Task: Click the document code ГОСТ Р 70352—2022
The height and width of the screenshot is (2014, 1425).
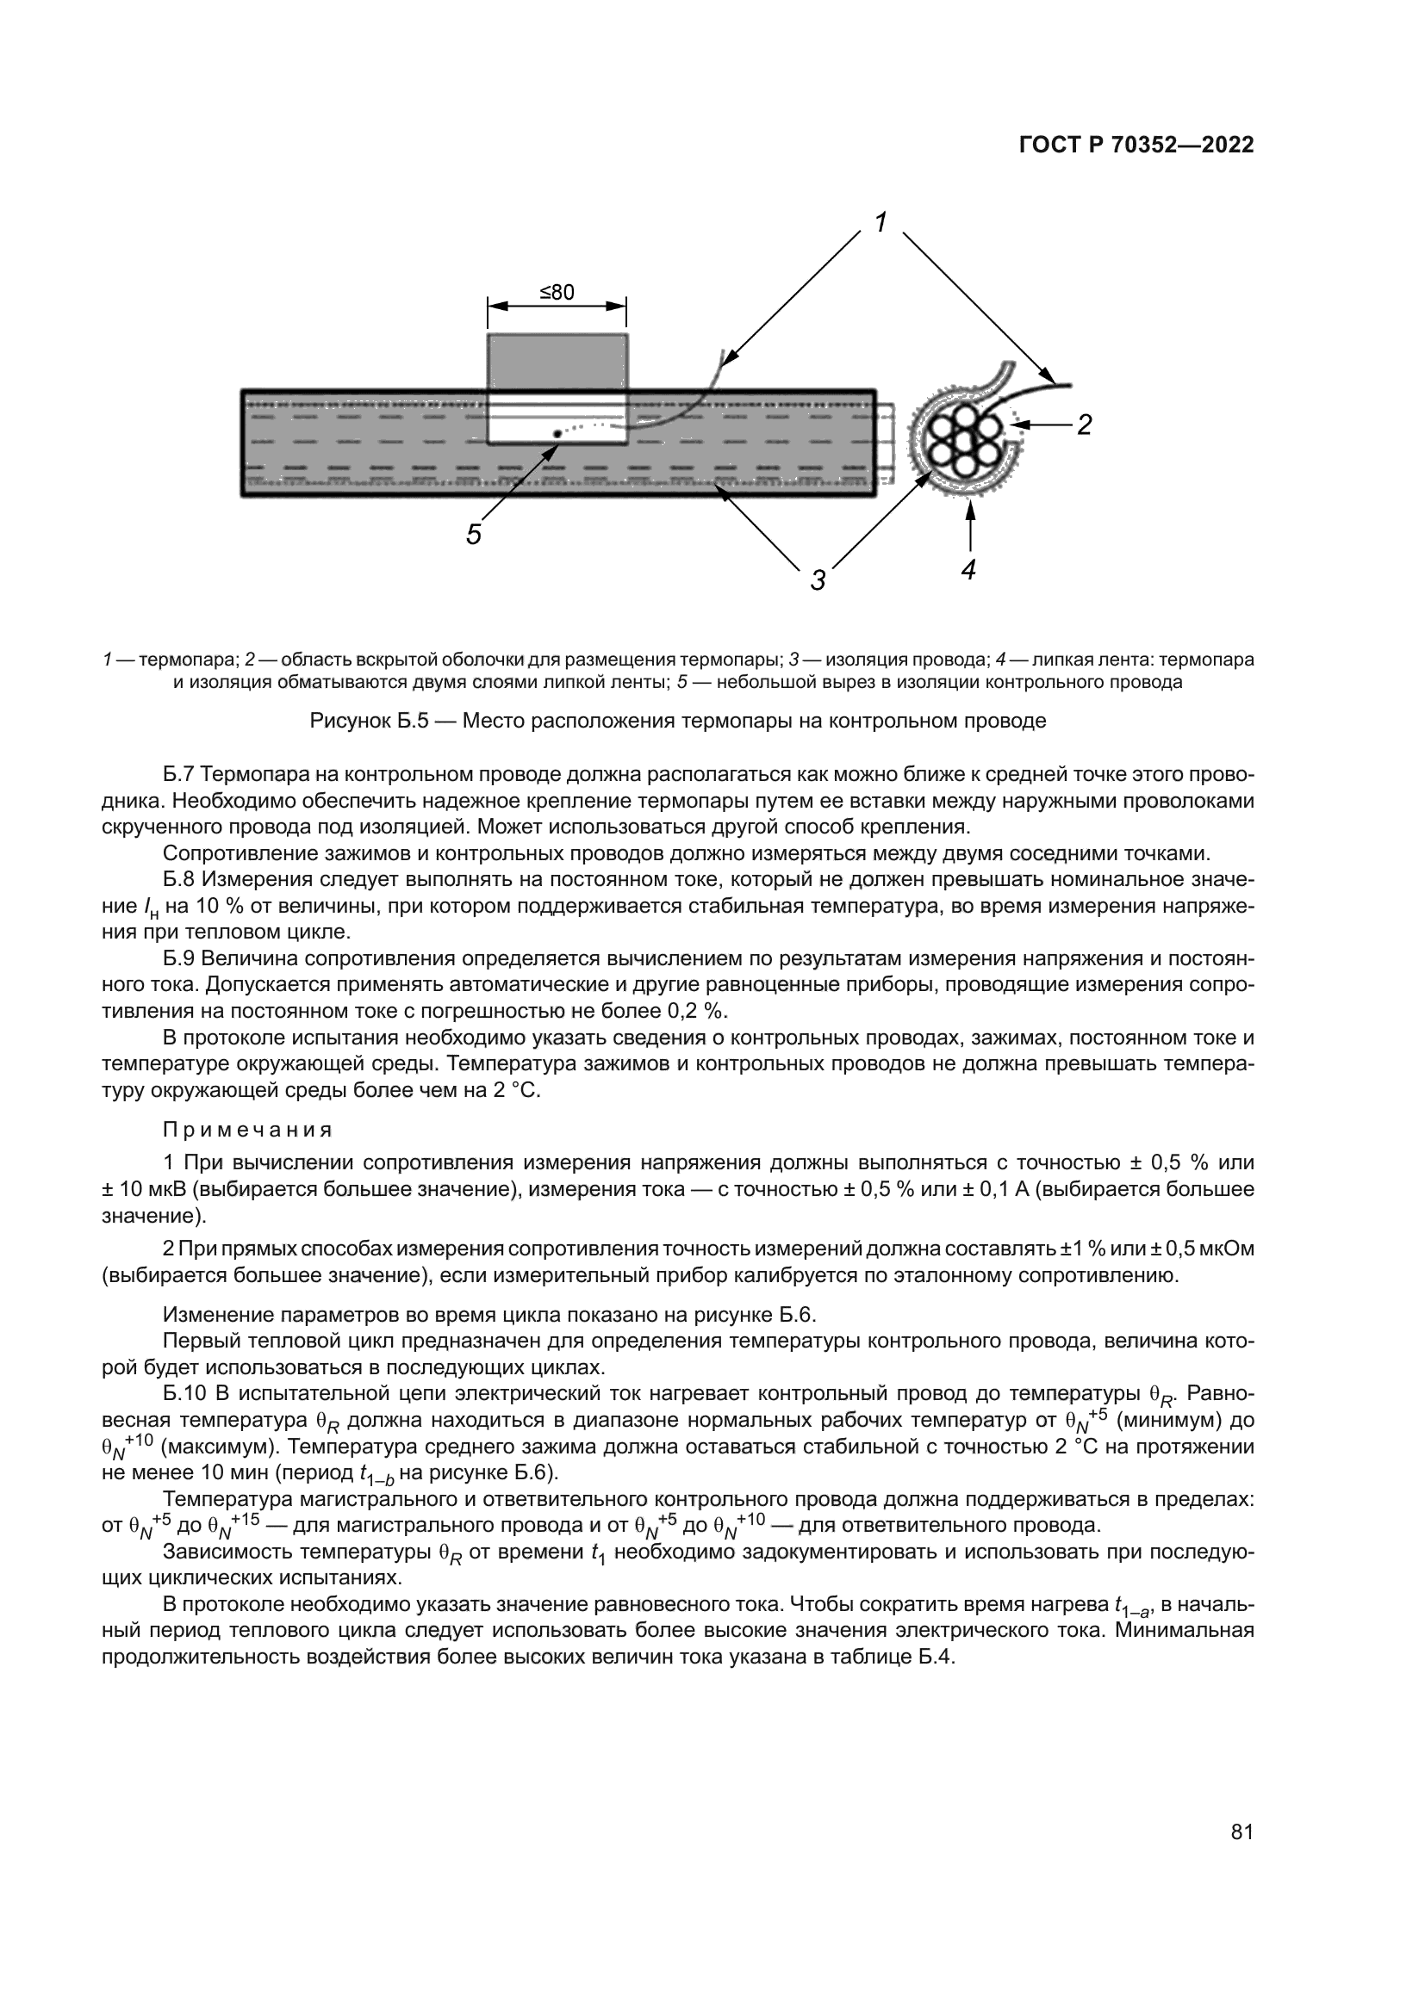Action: coord(1136,146)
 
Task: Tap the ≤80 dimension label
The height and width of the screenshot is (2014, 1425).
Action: coord(557,292)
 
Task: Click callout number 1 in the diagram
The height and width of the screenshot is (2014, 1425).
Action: coord(881,222)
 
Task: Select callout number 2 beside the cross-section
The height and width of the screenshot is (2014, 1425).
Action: coord(1084,425)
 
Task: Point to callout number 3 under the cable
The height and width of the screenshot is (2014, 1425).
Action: coord(817,579)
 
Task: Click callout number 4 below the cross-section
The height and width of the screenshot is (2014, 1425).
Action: coord(968,570)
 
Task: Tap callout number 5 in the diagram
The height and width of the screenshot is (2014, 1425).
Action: coord(474,534)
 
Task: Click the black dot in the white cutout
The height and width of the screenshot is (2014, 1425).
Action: coord(557,433)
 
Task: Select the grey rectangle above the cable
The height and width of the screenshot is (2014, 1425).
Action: coord(557,361)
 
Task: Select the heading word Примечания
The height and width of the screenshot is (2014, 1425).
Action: coord(247,1129)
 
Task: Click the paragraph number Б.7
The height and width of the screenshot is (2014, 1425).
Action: coord(181,775)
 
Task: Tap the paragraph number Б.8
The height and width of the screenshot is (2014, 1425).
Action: coord(181,880)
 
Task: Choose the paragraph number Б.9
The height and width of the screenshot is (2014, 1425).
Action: coord(181,958)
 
